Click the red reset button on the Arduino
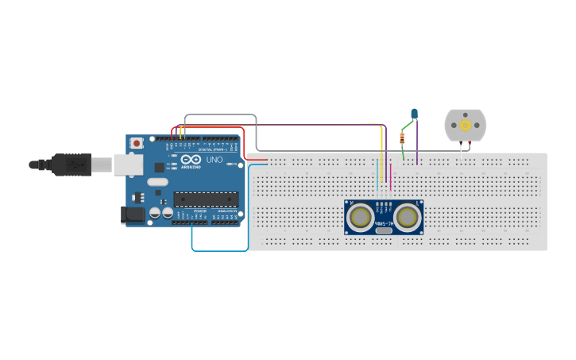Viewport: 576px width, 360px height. [137, 144]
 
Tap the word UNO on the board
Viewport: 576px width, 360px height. [215, 160]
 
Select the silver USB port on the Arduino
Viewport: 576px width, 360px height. [127, 165]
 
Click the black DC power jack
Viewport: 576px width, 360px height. [132, 215]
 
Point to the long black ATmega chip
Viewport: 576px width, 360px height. [206, 199]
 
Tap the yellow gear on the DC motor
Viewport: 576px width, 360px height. [466, 125]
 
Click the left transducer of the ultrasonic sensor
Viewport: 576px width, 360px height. [361, 217]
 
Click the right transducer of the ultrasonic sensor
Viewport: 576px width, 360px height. [407, 217]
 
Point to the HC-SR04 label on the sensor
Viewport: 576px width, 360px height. [384, 225]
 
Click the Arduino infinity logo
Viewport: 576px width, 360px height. [191, 160]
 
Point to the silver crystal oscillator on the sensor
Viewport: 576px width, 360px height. [384, 230]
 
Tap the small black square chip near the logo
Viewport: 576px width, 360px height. [160, 168]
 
